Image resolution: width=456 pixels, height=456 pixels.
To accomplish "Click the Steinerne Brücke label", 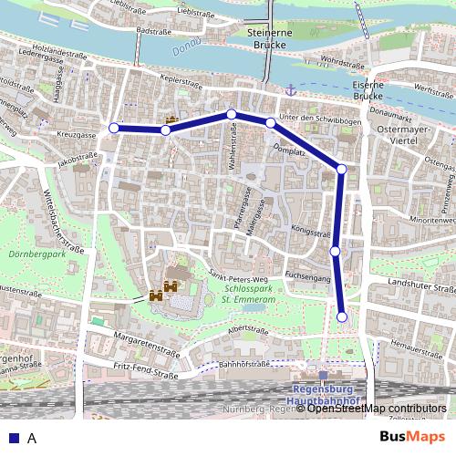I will pyautogui.click(x=268, y=40).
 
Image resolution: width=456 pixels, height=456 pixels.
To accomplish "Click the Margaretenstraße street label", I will pyautogui.click(x=143, y=348).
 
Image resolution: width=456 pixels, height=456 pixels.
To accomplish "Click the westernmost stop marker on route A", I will pyautogui.click(x=114, y=129).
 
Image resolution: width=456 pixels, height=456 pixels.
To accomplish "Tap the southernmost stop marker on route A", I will pyautogui.click(x=342, y=316).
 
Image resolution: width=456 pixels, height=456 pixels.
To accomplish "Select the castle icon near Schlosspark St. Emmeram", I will pyautogui.click(x=155, y=295).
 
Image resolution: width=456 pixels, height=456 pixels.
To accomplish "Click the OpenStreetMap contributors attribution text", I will pyautogui.click(x=378, y=409).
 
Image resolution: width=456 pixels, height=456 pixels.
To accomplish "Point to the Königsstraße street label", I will pyautogui.click(x=312, y=232).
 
